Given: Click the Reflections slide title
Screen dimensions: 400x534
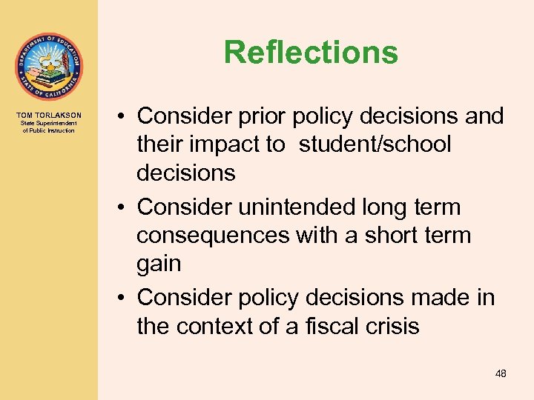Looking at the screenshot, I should point(311,53).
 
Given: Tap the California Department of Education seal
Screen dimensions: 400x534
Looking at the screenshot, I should point(49,67).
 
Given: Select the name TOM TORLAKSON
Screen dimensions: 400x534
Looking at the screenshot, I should point(49,116).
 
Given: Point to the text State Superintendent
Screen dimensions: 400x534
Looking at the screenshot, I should point(49,124).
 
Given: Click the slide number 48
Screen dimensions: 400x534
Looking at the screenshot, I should point(501,374).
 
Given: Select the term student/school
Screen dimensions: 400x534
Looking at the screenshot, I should point(375,144).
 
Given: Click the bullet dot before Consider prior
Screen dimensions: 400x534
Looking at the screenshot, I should point(119,117).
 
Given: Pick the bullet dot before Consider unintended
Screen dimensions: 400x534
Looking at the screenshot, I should point(119,208).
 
